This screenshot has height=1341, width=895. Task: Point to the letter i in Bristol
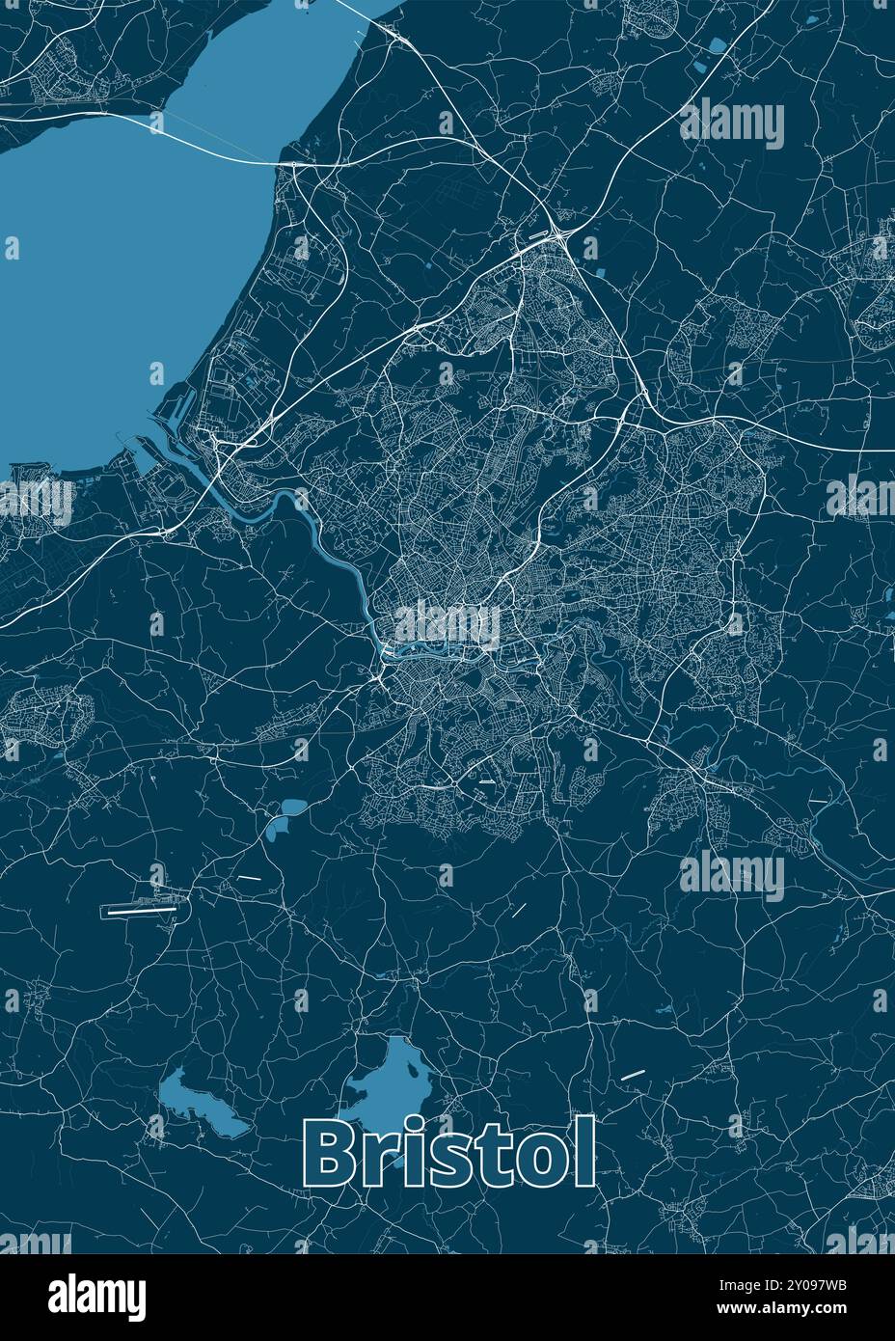click(x=417, y=1155)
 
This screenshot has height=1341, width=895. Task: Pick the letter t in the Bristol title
click(x=493, y=1159)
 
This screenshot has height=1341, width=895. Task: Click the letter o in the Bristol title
click(x=536, y=1163)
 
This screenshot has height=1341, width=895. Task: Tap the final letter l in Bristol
click(x=583, y=1154)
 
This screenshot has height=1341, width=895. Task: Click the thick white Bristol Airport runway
click(x=141, y=908)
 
